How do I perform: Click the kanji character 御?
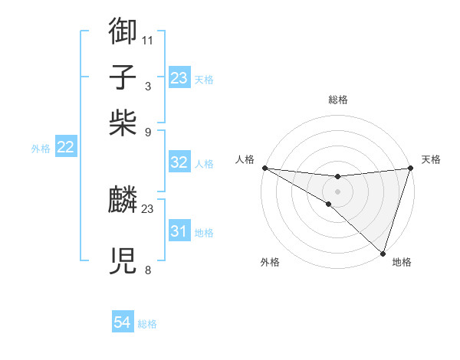pyautogui.click(x=123, y=31)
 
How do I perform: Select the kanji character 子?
pyautogui.click(x=123, y=77)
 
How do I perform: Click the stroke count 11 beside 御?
pyautogui.click(x=148, y=40)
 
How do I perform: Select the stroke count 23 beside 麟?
pyautogui.click(x=148, y=208)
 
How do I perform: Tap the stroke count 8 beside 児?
pyautogui.click(x=148, y=270)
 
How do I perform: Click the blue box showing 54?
pyautogui.click(x=123, y=322)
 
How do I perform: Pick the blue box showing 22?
pyautogui.click(x=65, y=148)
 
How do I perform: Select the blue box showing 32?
pyautogui.click(x=179, y=162)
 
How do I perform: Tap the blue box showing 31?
pyautogui.click(x=179, y=231)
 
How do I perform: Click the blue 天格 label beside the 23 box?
pyautogui.click(x=204, y=79)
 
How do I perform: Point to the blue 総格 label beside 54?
pyautogui.click(x=148, y=324)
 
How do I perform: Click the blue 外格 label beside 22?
pyautogui.click(x=41, y=149)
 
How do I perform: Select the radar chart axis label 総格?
pyautogui.click(x=337, y=100)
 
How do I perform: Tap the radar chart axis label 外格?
pyautogui.click(x=270, y=262)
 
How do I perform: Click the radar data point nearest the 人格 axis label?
pyautogui.click(x=264, y=168)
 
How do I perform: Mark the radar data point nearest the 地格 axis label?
pyautogui.click(x=383, y=253)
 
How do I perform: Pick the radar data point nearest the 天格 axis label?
pyautogui.click(x=410, y=168)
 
